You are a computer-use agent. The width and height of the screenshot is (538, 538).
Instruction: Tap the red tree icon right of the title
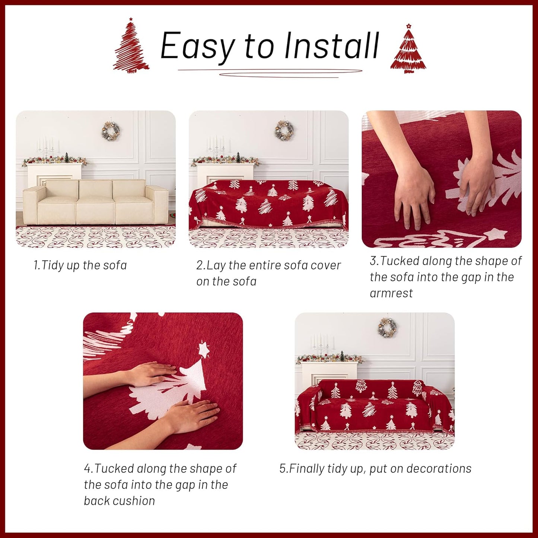tap(408, 50)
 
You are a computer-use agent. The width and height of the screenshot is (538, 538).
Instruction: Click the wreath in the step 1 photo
tap(111, 130)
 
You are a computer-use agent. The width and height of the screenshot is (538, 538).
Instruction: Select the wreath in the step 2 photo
tap(284, 130)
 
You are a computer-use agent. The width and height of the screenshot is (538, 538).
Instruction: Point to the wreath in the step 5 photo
tap(388, 328)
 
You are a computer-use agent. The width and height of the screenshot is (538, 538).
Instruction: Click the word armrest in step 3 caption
tap(391, 293)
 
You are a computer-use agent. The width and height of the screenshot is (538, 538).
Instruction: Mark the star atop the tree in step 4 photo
tap(203, 350)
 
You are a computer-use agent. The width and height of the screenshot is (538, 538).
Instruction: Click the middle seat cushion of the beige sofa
tap(95, 210)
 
